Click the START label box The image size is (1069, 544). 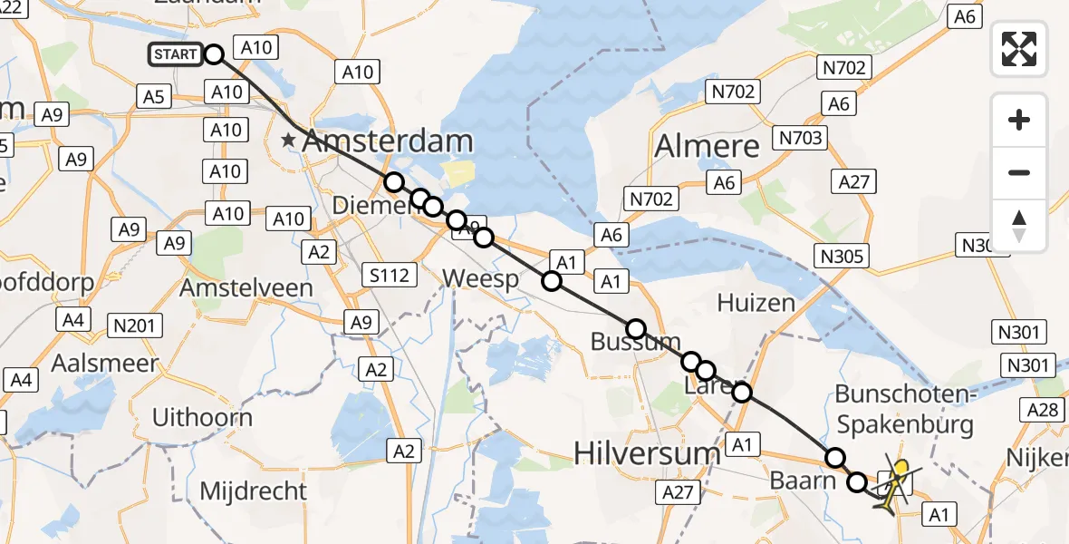pyautogui.click(x=176, y=54)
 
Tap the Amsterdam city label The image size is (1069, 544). pyautogui.click(x=388, y=141)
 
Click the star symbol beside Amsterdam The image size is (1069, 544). pyautogui.click(x=289, y=141)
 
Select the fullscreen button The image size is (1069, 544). pyautogui.click(x=1019, y=48)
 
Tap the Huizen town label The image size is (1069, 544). pyautogui.click(x=756, y=302)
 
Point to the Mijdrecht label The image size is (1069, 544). pyautogui.click(x=253, y=491)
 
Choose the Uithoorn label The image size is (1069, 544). pyautogui.click(x=202, y=417)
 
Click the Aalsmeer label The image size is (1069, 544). pyautogui.click(x=105, y=363)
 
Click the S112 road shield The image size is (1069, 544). pyautogui.click(x=390, y=274)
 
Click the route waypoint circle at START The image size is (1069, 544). pyautogui.click(x=214, y=54)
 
